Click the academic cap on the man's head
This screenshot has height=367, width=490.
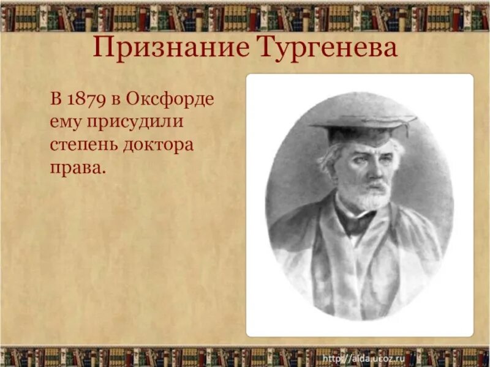pyautogui.click(x=363, y=125)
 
